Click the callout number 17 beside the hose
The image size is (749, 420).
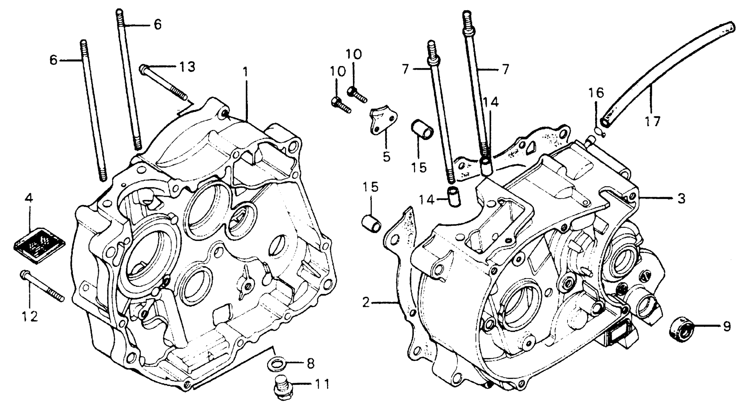[x=652, y=122]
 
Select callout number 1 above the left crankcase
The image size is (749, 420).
[x=246, y=72]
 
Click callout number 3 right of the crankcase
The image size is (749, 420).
[x=681, y=199]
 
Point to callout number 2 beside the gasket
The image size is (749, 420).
[x=366, y=303]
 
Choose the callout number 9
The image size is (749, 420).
[x=727, y=327]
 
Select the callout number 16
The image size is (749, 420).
[x=596, y=93]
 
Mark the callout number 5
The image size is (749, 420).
[x=386, y=157]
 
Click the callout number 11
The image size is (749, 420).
[x=322, y=384]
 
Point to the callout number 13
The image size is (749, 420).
[x=187, y=67]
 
